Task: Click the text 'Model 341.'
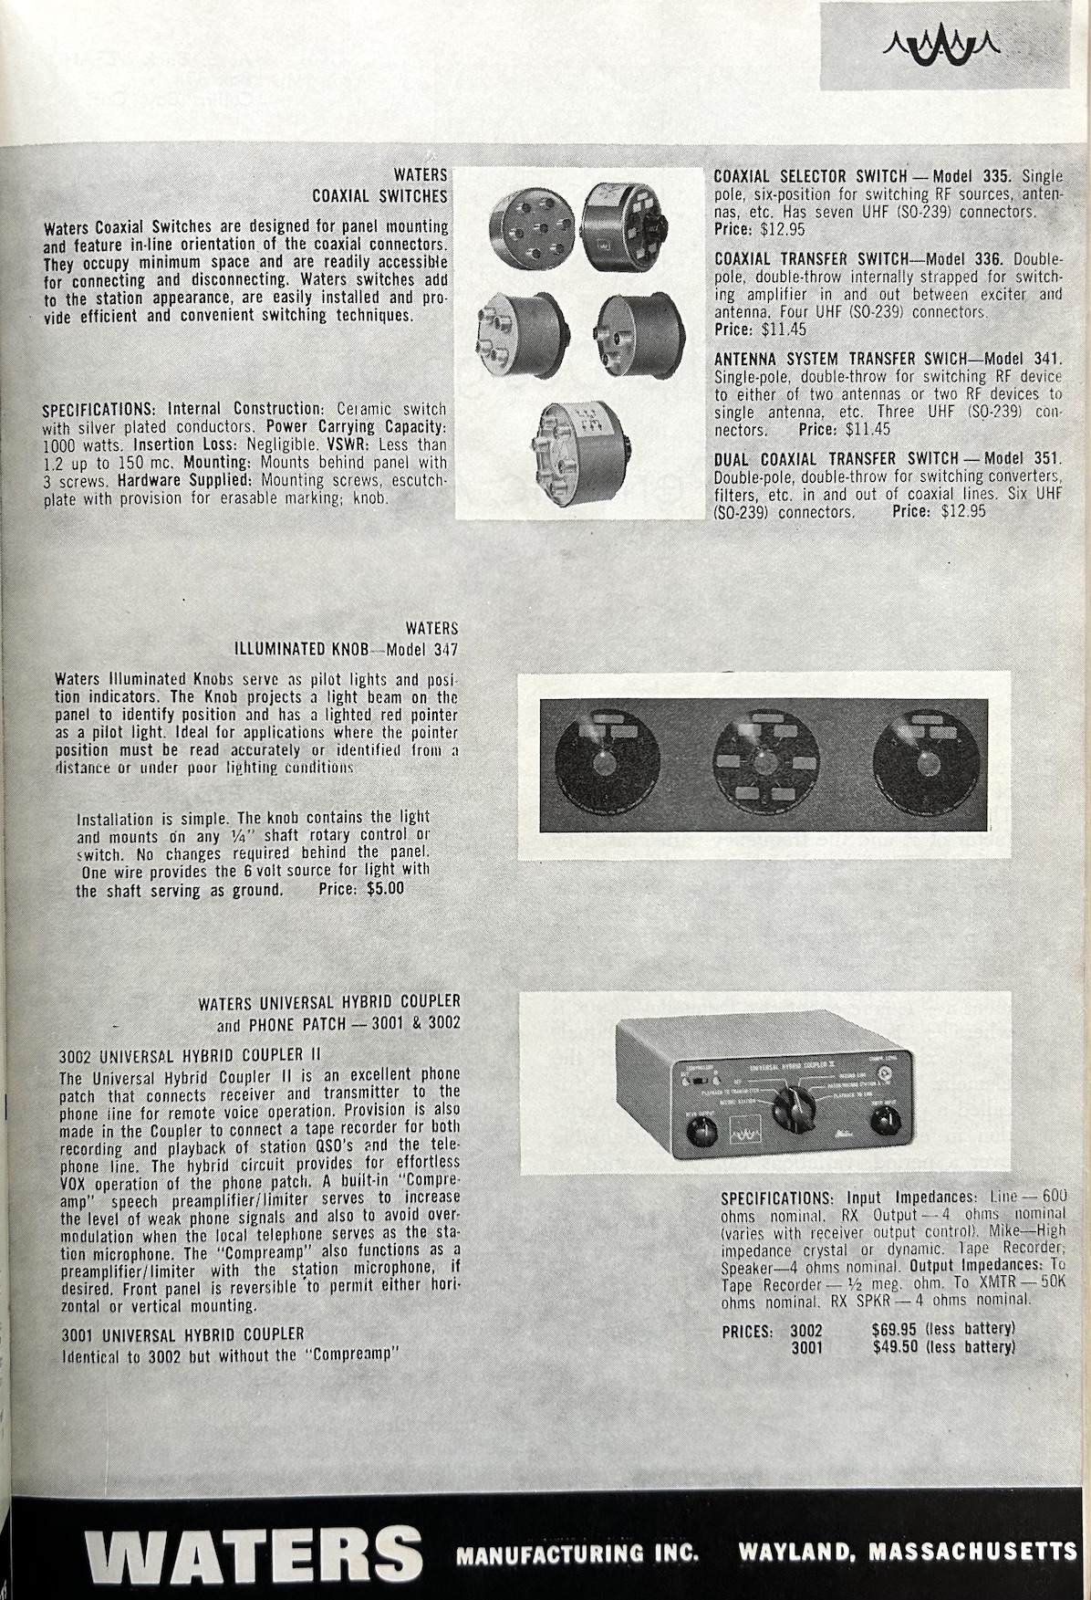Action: tap(1024, 358)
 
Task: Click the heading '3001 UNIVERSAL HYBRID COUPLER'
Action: tap(182, 1334)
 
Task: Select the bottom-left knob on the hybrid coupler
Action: tap(700, 1135)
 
